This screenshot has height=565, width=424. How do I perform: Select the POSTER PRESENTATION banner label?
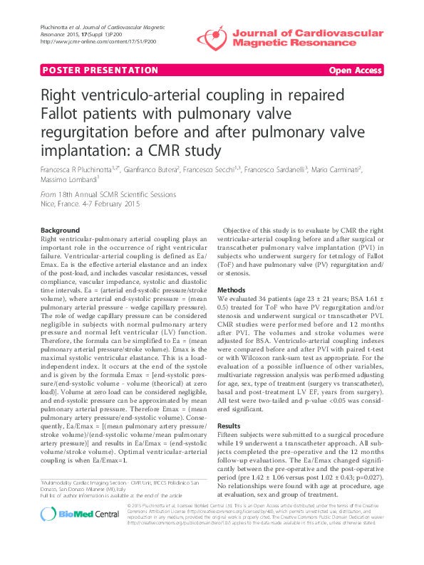(x=81, y=70)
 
